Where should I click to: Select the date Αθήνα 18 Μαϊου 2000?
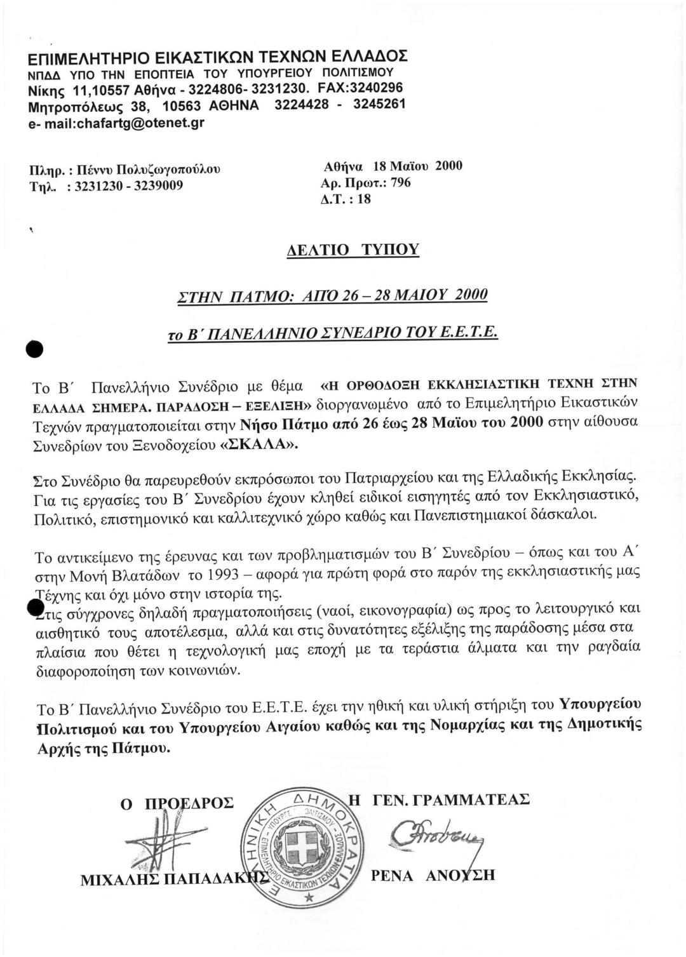(x=393, y=166)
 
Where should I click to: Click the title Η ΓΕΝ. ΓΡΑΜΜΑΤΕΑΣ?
(x=437, y=799)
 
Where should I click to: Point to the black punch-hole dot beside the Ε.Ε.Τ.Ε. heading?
(x=33, y=349)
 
